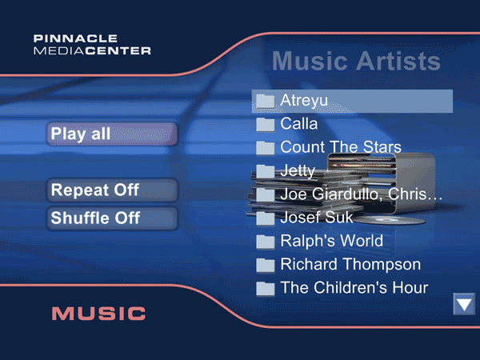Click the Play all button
point(112,134)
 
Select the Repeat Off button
point(112,190)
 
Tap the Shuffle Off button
point(112,218)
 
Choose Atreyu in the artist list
point(352,101)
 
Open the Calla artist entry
point(298,124)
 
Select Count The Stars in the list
point(341,147)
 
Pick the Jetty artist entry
point(298,171)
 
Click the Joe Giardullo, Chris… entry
point(362,194)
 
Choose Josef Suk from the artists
point(317,218)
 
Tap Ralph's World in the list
point(332,241)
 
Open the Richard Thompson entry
point(350,265)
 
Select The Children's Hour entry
point(354,288)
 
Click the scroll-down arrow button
point(464,304)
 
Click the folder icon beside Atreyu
point(266,101)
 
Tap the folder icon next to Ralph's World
point(266,242)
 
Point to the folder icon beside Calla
point(266,125)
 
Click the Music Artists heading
point(356,61)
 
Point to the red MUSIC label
point(98,314)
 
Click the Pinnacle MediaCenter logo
point(92,45)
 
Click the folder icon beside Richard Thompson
point(266,265)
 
